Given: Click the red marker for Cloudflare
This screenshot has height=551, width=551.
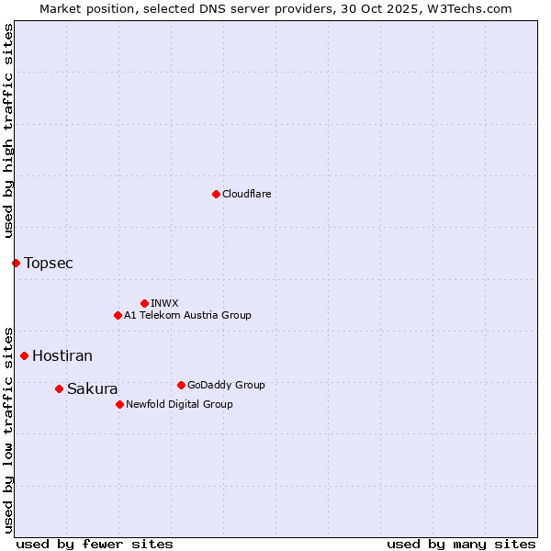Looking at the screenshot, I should point(216,194).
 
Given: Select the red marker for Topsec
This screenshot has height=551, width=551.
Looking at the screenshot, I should point(16,263).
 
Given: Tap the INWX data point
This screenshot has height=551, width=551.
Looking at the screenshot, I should point(144,303).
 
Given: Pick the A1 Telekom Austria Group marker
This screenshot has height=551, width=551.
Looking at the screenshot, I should point(118,315).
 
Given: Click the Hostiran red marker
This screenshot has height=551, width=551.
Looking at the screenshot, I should point(24,355).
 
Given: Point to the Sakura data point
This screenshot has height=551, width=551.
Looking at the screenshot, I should point(59,388).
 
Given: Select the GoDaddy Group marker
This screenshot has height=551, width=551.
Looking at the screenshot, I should point(181,385).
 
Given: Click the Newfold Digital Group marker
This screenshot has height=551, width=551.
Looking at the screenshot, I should point(119,404).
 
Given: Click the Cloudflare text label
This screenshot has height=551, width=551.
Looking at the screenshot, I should point(246,194).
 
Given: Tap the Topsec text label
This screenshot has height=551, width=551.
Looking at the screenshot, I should point(49,264).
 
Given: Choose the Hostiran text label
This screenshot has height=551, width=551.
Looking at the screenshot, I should point(62,356).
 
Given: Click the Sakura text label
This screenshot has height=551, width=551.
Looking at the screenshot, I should point(93,389).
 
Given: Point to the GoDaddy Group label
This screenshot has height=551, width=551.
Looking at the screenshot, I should point(226,385).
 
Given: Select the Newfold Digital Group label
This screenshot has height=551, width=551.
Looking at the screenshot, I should point(179,404).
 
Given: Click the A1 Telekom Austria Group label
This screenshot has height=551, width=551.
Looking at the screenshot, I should point(187,315).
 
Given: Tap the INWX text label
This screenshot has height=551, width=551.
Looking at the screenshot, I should point(164,303).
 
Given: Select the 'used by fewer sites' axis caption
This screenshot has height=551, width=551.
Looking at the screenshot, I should point(95,544).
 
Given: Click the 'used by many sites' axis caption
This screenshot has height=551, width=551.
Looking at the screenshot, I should point(461,544).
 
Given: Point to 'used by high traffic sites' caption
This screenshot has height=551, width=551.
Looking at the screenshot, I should point(8,131).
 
